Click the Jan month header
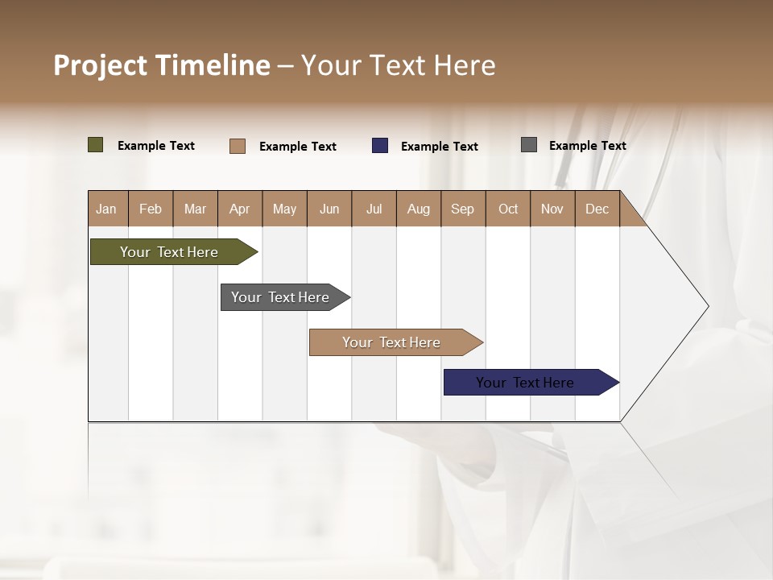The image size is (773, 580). point(106,209)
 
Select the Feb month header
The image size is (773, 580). point(151,209)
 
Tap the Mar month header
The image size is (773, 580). point(195,209)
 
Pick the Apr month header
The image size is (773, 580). point(239,209)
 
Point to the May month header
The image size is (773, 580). point(284,209)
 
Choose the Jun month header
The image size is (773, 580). point(329,209)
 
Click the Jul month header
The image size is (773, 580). point(374,209)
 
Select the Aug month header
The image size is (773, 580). point(419,209)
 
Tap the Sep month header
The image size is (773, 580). point(463,209)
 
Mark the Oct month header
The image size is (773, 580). point(508,209)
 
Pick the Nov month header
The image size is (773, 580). point(552,209)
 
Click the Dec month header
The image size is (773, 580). point(597,209)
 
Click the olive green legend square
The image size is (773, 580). point(96,145)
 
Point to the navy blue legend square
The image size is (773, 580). point(380,146)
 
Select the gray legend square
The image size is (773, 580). point(529,145)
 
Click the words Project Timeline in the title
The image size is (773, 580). point(162,65)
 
